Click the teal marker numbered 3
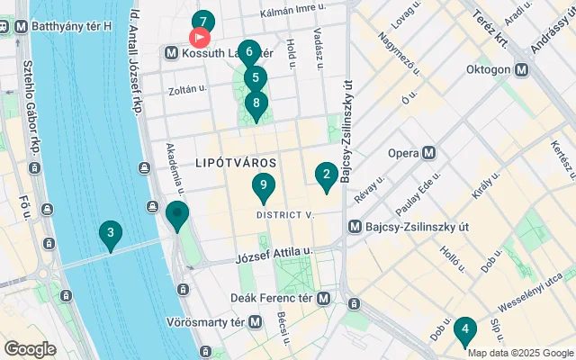(x=110, y=236)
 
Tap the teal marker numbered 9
(x=263, y=186)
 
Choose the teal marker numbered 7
(x=203, y=22)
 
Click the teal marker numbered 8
(x=256, y=103)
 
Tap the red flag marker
(x=199, y=38)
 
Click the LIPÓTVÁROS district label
(x=236, y=161)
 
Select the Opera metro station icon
(x=429, y=153)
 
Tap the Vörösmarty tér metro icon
(x=256, y=321)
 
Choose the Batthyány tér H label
(x=71, y=26)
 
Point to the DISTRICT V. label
(x=284, y=215)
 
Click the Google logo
(x=30, y=348)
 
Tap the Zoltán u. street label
(x=188, y=90)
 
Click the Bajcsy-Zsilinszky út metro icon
(x=355, y=226)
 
